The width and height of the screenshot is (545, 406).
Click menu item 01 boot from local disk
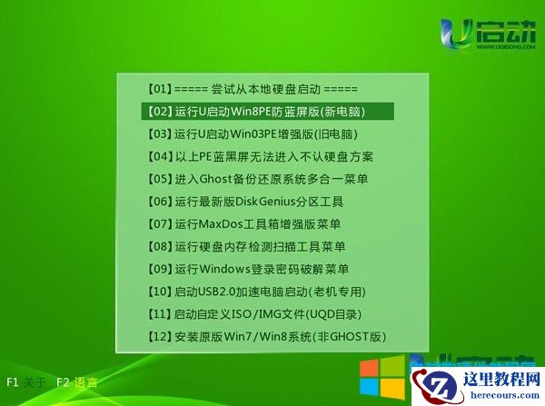(251, 89)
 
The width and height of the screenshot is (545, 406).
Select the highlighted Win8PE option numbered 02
(267, 112)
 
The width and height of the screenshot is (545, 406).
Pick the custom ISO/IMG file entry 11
(255, 313)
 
